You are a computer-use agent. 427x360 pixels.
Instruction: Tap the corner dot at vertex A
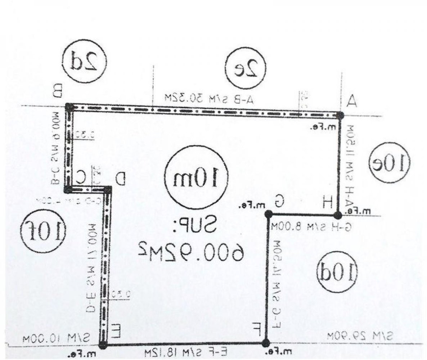tap(340, 115)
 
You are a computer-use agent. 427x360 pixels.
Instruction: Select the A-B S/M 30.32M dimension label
tap(209, 98)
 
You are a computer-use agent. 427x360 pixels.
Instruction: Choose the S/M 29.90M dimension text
tap(360, 337)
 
